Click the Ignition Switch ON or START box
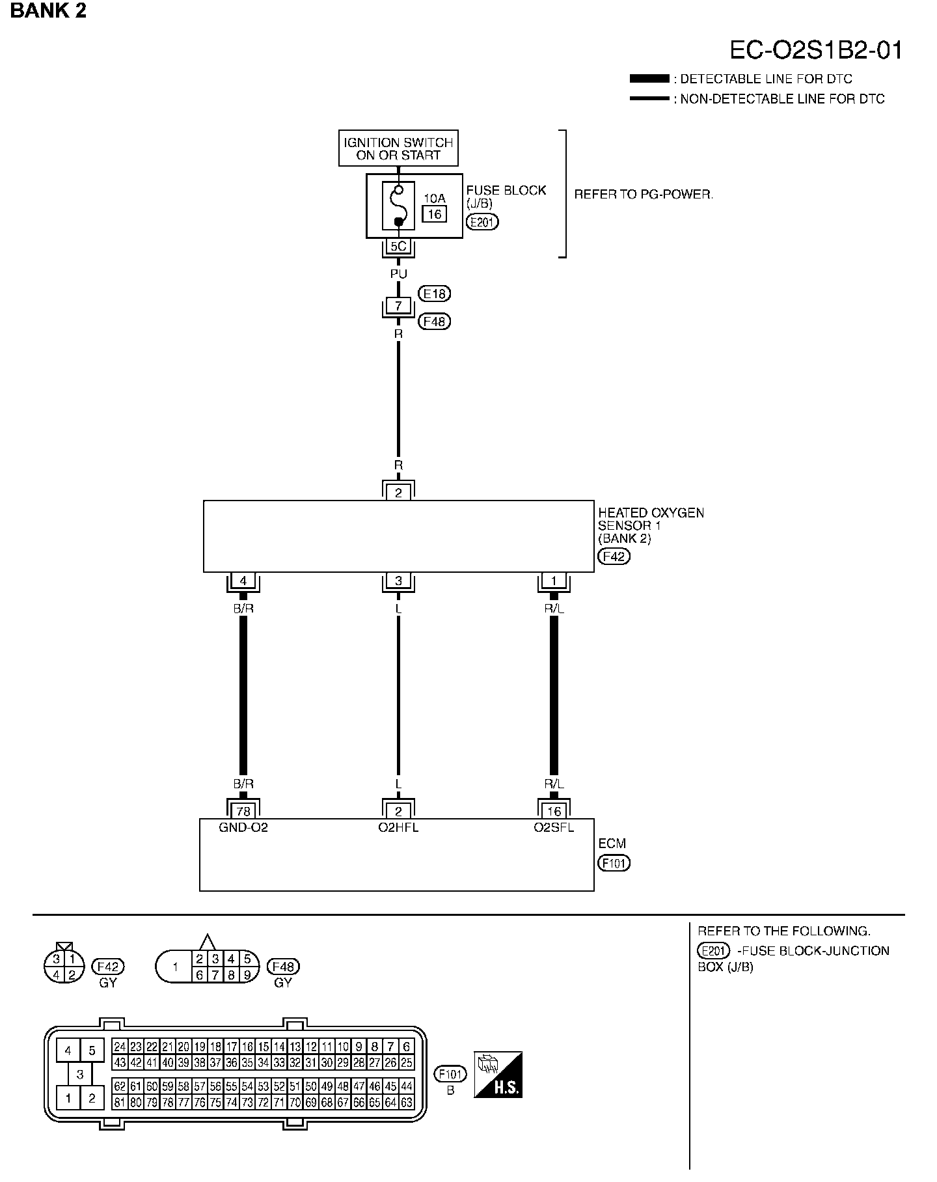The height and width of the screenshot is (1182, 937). click(398, 148)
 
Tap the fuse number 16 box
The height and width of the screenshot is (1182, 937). click(434, 213)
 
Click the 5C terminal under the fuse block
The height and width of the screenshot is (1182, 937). click(398, 247)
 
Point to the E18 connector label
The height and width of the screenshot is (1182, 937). click(435, 294)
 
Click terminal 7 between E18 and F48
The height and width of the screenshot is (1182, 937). click(398, 305)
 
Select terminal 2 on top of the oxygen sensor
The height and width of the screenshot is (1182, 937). click(398, 493)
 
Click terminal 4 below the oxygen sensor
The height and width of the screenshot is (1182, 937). click(243, 581)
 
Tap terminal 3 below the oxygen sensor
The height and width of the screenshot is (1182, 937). click(398, 581)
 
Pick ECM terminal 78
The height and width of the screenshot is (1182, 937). click(243, 811)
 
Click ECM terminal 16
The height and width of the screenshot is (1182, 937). click(554, 811)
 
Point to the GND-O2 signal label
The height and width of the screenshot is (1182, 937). click(243, 828)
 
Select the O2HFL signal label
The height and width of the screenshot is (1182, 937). click(398, 828)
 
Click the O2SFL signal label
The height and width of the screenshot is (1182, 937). click(554, 828)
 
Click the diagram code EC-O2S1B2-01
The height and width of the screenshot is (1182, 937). click(816, 50)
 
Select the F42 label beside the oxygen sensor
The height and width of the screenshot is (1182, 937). click(614, 557)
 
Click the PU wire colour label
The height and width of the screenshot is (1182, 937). click(398, 274)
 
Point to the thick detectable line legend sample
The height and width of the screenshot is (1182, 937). click(649, 79)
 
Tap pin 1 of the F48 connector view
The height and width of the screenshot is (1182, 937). click(174, 967)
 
